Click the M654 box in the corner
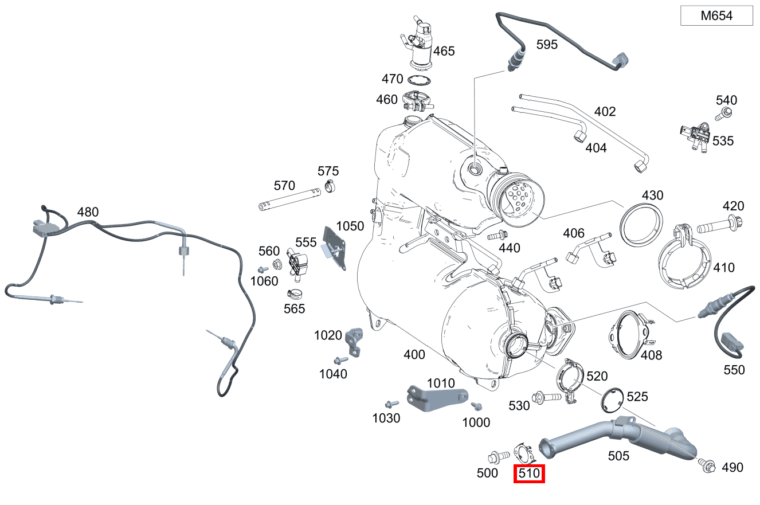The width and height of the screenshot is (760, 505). point(716,16)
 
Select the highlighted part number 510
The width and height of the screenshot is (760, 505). point(528,475)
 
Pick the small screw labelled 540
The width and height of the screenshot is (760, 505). point(726,113)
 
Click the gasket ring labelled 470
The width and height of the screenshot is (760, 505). point(420,80)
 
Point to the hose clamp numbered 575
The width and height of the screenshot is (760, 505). point(329,186)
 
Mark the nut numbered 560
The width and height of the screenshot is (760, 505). point(276,265)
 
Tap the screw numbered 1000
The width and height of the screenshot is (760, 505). point(475,406)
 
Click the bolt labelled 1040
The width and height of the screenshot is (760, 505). point(341,360)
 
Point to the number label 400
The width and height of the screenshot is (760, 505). point(414,355)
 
